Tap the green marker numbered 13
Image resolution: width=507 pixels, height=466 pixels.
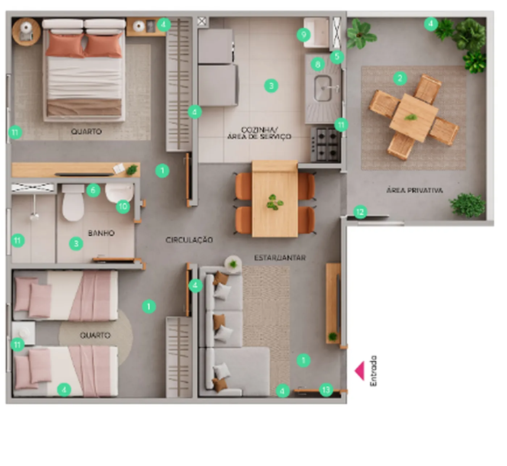click(x=326, y=390)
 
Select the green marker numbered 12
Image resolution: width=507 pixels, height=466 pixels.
click(x=360, y=212)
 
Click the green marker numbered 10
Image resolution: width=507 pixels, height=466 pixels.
click(x=123, y=207)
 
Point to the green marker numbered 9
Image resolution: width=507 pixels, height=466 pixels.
click(x=303, y=35)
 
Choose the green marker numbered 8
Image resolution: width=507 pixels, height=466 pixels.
click(x=318, y=64)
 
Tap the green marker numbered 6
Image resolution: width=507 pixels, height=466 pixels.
click(x=93, y=190)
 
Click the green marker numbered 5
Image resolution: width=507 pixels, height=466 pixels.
click(x=337, y=56)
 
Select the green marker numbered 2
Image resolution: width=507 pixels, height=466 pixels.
click(x=400, y=78)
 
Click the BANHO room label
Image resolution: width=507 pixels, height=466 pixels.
click(x=101, y=233)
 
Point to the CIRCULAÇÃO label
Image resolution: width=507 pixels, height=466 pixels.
click(x=189, y=240)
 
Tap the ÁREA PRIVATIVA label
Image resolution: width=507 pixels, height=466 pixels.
click(x=415, y=190)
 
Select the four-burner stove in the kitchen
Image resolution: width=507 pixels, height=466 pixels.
click(x=326, y=144)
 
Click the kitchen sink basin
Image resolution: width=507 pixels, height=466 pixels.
click(x=323, y=88)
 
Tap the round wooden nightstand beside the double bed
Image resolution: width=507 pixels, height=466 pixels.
click(x=26, y=32)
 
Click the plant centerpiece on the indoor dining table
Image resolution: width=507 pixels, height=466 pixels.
click(x=275, y=202)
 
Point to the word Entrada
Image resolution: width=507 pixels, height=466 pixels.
click(x=373, y=371)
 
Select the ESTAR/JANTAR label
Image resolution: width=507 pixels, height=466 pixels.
click(x=280, y=258)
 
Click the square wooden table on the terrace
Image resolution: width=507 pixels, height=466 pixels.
click(x=414, y=118)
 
